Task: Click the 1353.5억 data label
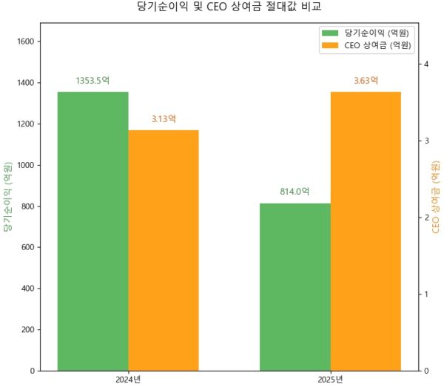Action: (x=92, y=81)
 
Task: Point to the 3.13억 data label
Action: (x=164, y=119)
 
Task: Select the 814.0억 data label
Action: (x=295, y=192)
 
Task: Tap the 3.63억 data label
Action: (x=366, y=81)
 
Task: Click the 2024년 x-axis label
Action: (x=128, y=380)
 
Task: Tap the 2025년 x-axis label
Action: (x=330, y=380)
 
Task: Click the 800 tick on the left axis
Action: (x=27, y=206)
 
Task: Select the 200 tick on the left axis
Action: (x=27, y=329)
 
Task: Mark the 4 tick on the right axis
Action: (x=425, y=64)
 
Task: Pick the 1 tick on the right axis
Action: (x=425, y=295)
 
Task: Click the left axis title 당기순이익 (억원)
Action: (x=8, y=197)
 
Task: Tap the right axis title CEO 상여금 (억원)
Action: (x=436, y=197)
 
